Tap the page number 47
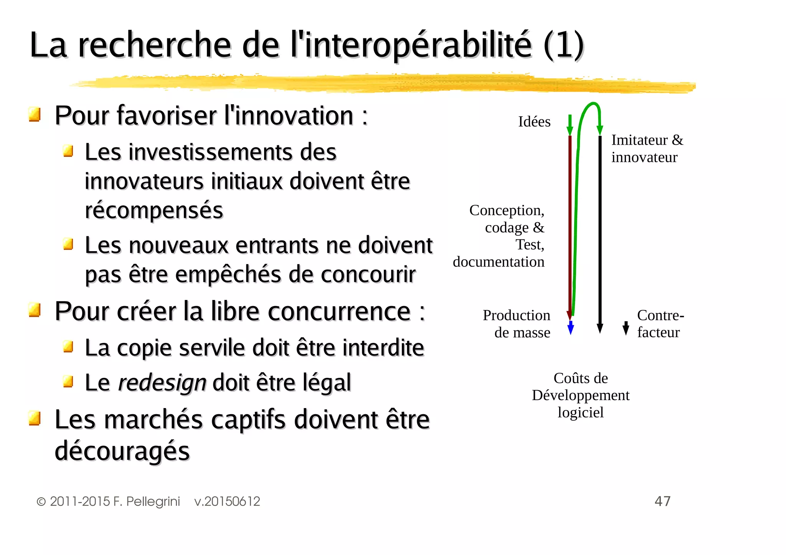click(x=662, y=501)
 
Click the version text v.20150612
click(x=227, y=501)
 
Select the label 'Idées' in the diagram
click(x=534, y=122)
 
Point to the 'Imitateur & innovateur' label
click(x=647, y=148)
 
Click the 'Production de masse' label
click(x=517, y=324)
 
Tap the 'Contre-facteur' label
click(x=660, y=324)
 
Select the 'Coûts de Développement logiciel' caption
click(x=581, y=395)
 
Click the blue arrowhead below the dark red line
click(x=571, y=328)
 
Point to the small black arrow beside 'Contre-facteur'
click(x=626, y=328)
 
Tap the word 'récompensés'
click(x=154, y=210)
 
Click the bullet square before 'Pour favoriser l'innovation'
click(x=35, y=114)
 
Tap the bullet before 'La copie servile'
click(x=68, y=346)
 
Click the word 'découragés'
click(x=122, y=451)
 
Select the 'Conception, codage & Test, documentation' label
click(x=499, y=236)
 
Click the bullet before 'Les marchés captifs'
click(x=35, y=418)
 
